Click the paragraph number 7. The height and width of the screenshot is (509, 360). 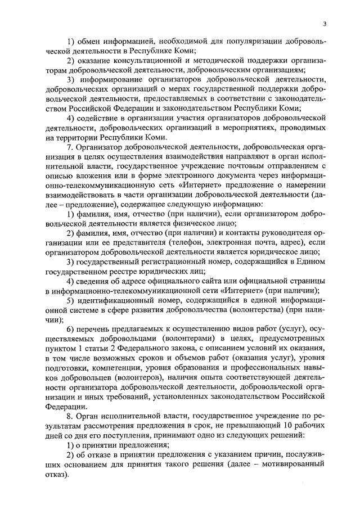[x=69, y=147]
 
